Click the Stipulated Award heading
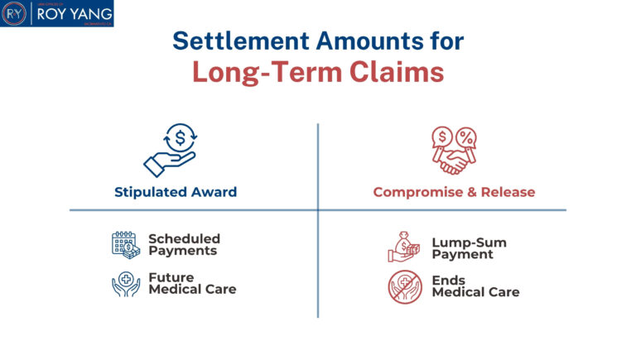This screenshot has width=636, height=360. coord(176,192)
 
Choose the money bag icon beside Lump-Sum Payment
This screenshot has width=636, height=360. coord(405,247)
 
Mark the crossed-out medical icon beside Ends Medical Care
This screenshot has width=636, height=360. coord(405,286)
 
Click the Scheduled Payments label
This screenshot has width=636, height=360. coord(184,244)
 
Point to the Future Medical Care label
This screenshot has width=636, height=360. coord(192,284)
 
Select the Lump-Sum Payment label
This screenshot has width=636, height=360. coord(468,248)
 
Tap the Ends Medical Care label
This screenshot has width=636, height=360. coord(475,286)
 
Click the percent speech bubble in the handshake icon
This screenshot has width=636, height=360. coord(466,135)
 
